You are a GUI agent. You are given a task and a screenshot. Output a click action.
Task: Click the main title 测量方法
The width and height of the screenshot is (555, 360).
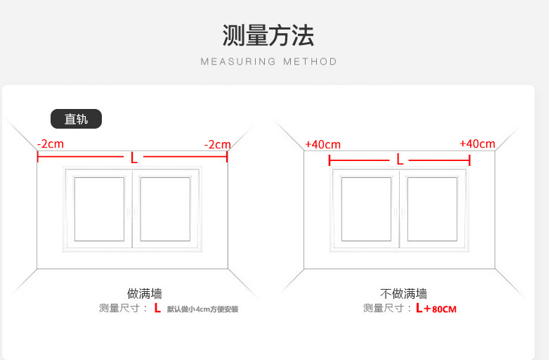click(268, 35)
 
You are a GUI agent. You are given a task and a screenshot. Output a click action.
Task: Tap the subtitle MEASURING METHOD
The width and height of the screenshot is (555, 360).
click(268, 62)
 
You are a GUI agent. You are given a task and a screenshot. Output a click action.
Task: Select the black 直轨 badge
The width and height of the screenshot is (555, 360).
click(76, 119)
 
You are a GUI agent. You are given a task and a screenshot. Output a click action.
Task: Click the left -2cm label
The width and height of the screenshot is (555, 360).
click(51, 144)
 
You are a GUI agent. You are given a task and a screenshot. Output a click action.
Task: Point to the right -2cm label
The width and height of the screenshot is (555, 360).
click(218, 144)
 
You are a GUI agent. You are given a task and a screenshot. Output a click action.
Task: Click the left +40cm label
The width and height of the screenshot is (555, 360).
click(322, 144)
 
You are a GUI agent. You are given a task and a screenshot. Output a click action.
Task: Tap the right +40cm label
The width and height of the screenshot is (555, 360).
click(477, 143)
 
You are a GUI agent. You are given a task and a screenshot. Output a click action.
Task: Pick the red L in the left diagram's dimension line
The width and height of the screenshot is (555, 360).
click(133, 157)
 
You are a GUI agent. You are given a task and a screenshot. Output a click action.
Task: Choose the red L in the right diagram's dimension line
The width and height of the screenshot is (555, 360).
click(400, 159)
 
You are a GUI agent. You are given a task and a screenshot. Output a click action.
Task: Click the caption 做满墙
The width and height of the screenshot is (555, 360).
click(145, 293)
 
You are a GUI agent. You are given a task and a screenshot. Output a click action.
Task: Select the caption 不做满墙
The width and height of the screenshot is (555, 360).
click(403, 293)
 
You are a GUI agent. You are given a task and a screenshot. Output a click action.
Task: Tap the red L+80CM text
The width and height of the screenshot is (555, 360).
click(436, 308)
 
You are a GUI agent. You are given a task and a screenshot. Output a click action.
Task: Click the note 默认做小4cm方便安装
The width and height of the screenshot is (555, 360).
click(202, 309)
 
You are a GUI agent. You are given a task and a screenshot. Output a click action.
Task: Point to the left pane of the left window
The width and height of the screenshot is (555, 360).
click(99, 209)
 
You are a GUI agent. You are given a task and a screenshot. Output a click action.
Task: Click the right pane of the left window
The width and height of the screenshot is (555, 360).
click(165, 209)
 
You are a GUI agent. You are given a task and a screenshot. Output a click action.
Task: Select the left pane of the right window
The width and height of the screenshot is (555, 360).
click(366, 209)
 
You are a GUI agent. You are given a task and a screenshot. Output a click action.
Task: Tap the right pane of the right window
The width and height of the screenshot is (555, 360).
click(432, 209)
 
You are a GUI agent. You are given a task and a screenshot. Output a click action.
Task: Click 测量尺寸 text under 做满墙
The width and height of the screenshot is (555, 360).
click(119, 308)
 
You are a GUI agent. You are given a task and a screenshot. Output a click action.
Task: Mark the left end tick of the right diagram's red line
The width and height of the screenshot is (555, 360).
click(329, 160)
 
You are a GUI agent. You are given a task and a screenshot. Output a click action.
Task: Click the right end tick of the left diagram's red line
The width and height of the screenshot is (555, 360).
click(227, 157)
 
